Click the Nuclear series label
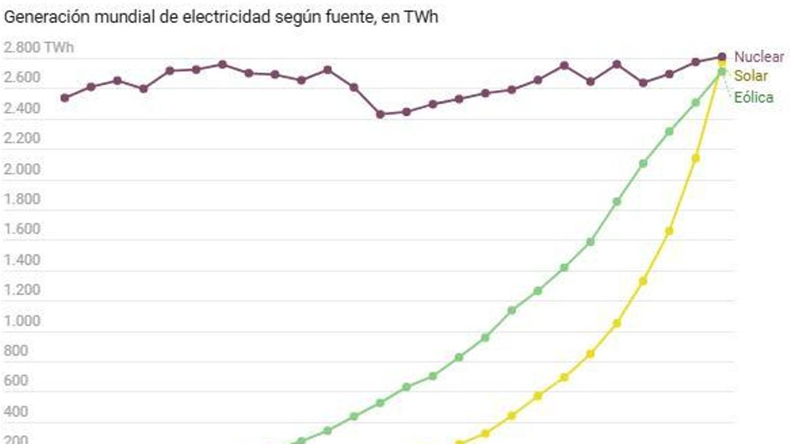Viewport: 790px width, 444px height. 759,57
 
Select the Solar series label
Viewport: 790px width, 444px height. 751,76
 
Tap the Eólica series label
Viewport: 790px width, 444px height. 754,98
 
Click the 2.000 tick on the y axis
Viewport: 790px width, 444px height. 22,169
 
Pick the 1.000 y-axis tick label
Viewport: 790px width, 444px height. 22,321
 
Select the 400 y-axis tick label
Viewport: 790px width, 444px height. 16,412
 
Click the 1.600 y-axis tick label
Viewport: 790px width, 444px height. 22,230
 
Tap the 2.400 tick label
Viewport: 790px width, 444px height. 22,108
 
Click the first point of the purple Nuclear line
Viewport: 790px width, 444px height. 65,98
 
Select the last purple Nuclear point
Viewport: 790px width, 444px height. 722,57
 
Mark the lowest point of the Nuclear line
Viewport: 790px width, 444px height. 380,114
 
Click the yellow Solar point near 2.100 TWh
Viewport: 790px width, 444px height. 695,159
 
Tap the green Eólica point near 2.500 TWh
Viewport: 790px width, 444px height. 695,103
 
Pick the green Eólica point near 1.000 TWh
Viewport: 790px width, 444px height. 485,337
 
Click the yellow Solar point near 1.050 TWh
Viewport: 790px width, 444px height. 617,323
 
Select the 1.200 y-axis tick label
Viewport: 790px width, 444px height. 22,290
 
